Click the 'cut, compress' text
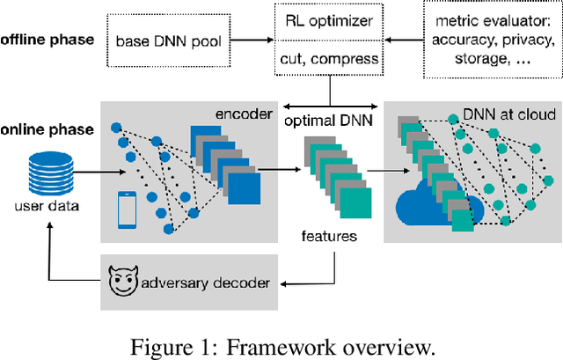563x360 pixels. coord(332,60)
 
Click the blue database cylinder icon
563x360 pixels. coord(50,174)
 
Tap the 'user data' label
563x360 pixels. coord(50,208)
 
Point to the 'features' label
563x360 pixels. coord(331,236)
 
